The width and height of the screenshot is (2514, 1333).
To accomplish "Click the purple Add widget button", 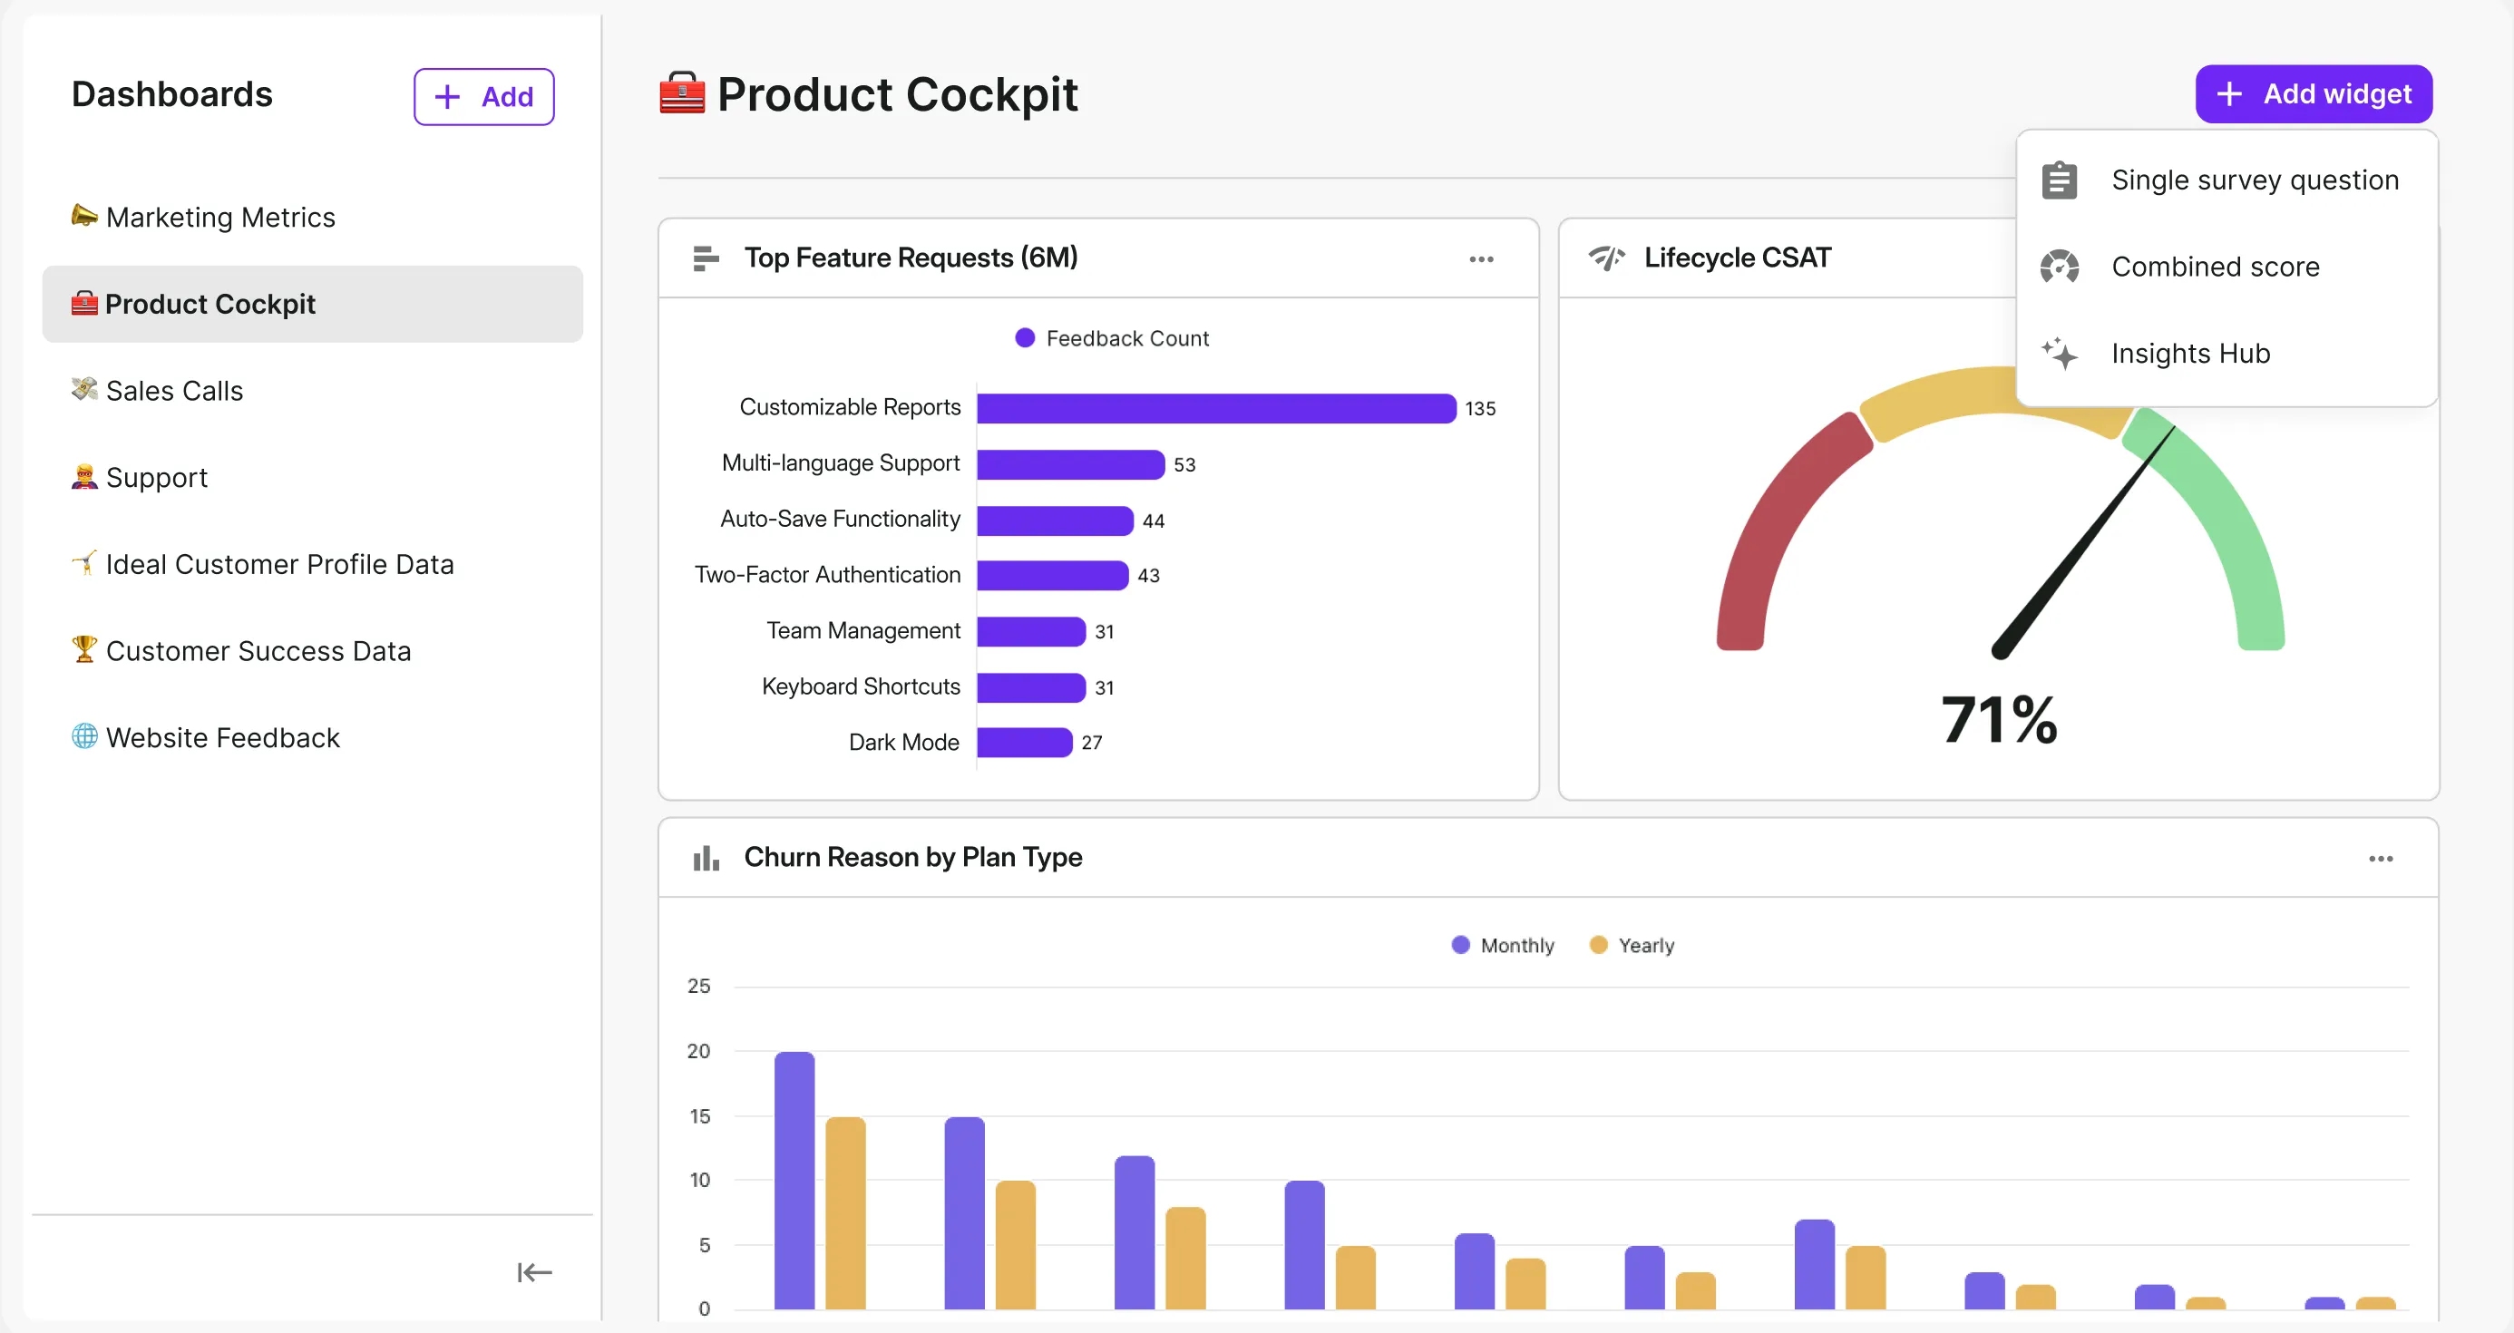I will click(2313, 93).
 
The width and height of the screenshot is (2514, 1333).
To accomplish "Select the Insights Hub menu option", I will click(2189, 354).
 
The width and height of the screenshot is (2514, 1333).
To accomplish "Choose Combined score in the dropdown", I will click(2214, 267).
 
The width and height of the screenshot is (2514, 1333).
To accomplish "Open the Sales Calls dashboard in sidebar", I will click(174, 390).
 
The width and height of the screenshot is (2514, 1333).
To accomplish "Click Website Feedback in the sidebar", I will click(221, 738).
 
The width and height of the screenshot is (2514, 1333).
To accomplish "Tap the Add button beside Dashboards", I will click(483, 97).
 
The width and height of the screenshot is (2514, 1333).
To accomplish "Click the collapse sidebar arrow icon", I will click(534, 1272).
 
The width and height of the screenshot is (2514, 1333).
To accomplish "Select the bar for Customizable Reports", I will click(1215, 408).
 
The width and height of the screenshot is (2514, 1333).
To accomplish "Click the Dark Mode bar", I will click(1024, 743).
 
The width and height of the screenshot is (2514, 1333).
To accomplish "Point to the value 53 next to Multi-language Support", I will click(1184, 464).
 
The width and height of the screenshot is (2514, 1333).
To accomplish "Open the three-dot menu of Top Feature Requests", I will click(1480, 258).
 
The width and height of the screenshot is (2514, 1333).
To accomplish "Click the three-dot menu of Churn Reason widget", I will click(2381, 859).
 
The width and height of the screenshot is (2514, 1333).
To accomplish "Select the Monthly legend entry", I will click(1503, 945).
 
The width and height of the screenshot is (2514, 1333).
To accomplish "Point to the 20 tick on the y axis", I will click(698, 1051).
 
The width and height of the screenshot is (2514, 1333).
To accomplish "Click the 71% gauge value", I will click(1999, 720).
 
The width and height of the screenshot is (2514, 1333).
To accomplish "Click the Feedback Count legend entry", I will click(1113, 338).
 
